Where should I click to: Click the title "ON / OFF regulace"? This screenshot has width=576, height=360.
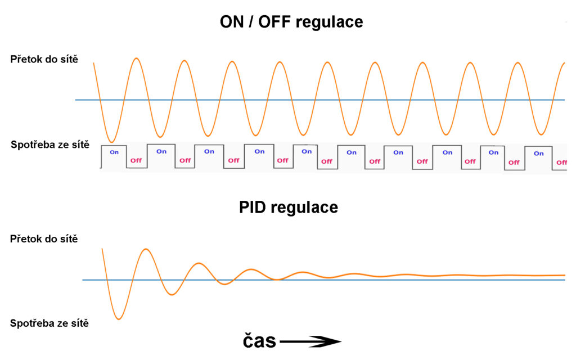(291, 22)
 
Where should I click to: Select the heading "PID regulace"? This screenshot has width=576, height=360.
(289, 208)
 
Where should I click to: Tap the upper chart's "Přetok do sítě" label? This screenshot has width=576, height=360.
(44, 59)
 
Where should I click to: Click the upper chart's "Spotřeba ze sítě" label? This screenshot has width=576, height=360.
(50, 145)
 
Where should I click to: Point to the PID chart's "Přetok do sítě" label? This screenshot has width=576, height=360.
(44, 238)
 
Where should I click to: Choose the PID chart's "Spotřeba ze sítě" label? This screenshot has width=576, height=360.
(49, 323)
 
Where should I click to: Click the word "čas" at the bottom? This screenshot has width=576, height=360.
(259, 341)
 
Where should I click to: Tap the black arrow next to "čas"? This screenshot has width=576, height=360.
(310, 341)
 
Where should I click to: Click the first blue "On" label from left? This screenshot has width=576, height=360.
(114, 152)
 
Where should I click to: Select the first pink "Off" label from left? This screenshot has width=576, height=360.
(136, 160)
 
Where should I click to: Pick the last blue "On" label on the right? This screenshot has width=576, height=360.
(538, 154)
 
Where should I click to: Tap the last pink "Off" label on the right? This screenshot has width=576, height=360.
(562, 163)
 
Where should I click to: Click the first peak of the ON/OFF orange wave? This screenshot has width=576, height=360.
(137, 58)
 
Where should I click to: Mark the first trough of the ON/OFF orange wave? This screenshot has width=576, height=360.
(112, 142)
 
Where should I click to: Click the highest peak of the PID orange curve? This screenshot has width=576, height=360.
(146, 249)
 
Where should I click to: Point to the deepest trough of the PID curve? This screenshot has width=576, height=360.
(119, 319)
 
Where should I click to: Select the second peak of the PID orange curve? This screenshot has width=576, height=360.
(199, 263)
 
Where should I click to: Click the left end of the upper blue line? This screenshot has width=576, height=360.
(76, 100)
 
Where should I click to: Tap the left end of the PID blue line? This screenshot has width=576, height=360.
(83, 280)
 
